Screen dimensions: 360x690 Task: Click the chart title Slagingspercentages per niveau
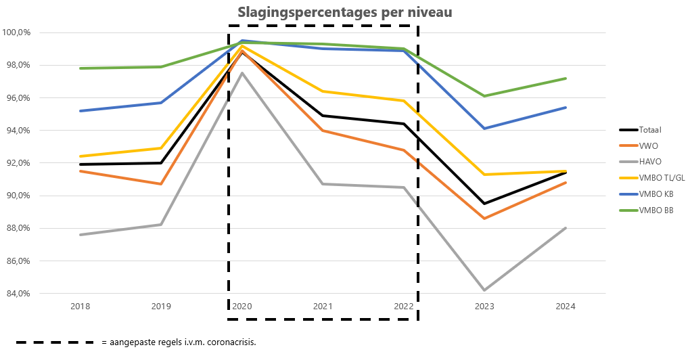[345, 13]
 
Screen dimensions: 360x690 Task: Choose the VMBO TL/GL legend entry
[661, 177]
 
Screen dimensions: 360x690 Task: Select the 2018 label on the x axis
[80, 307]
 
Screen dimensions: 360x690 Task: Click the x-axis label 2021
[323, 307]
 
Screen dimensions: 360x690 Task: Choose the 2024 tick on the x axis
[566, 307]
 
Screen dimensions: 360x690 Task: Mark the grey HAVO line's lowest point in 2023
[484, 290]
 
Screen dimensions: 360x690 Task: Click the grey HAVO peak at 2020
[242, 73]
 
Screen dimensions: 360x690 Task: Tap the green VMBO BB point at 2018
[80, 68]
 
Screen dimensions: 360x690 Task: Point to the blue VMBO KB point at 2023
[484, 129]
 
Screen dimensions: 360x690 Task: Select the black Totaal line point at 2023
[484, 204]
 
